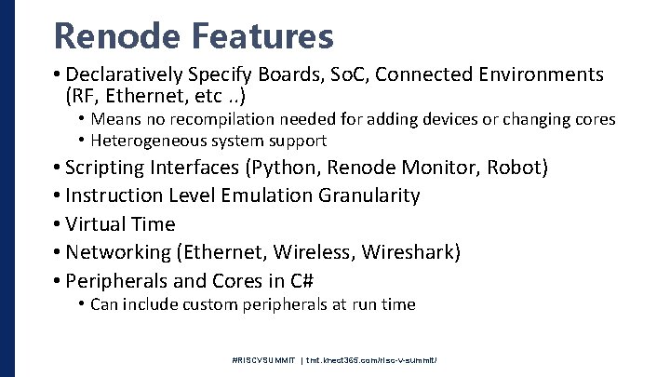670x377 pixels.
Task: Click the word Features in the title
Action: point(262,36)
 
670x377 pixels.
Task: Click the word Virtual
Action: point(97,224)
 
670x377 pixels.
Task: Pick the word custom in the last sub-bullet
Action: point(218,304)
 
